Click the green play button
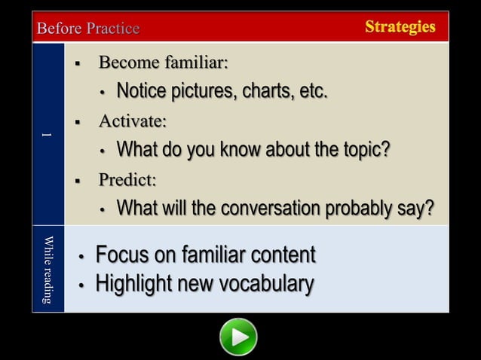238,337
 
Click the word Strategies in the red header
400,27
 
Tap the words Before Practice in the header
88,29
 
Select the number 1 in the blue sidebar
47,135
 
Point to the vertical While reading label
48,270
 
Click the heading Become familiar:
163,62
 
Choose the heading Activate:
133,121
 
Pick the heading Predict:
127,179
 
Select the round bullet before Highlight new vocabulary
81,285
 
